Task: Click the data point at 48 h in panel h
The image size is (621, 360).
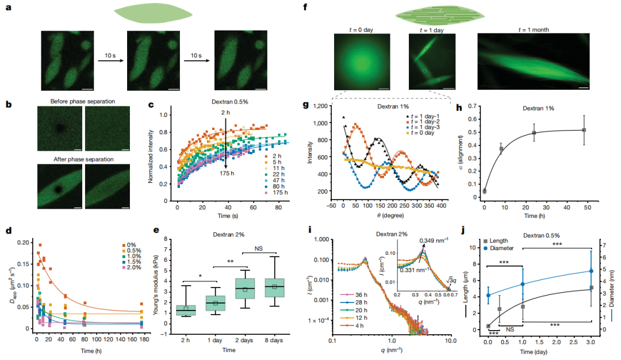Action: click(584, 130)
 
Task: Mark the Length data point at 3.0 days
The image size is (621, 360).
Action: click(591, 288)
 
